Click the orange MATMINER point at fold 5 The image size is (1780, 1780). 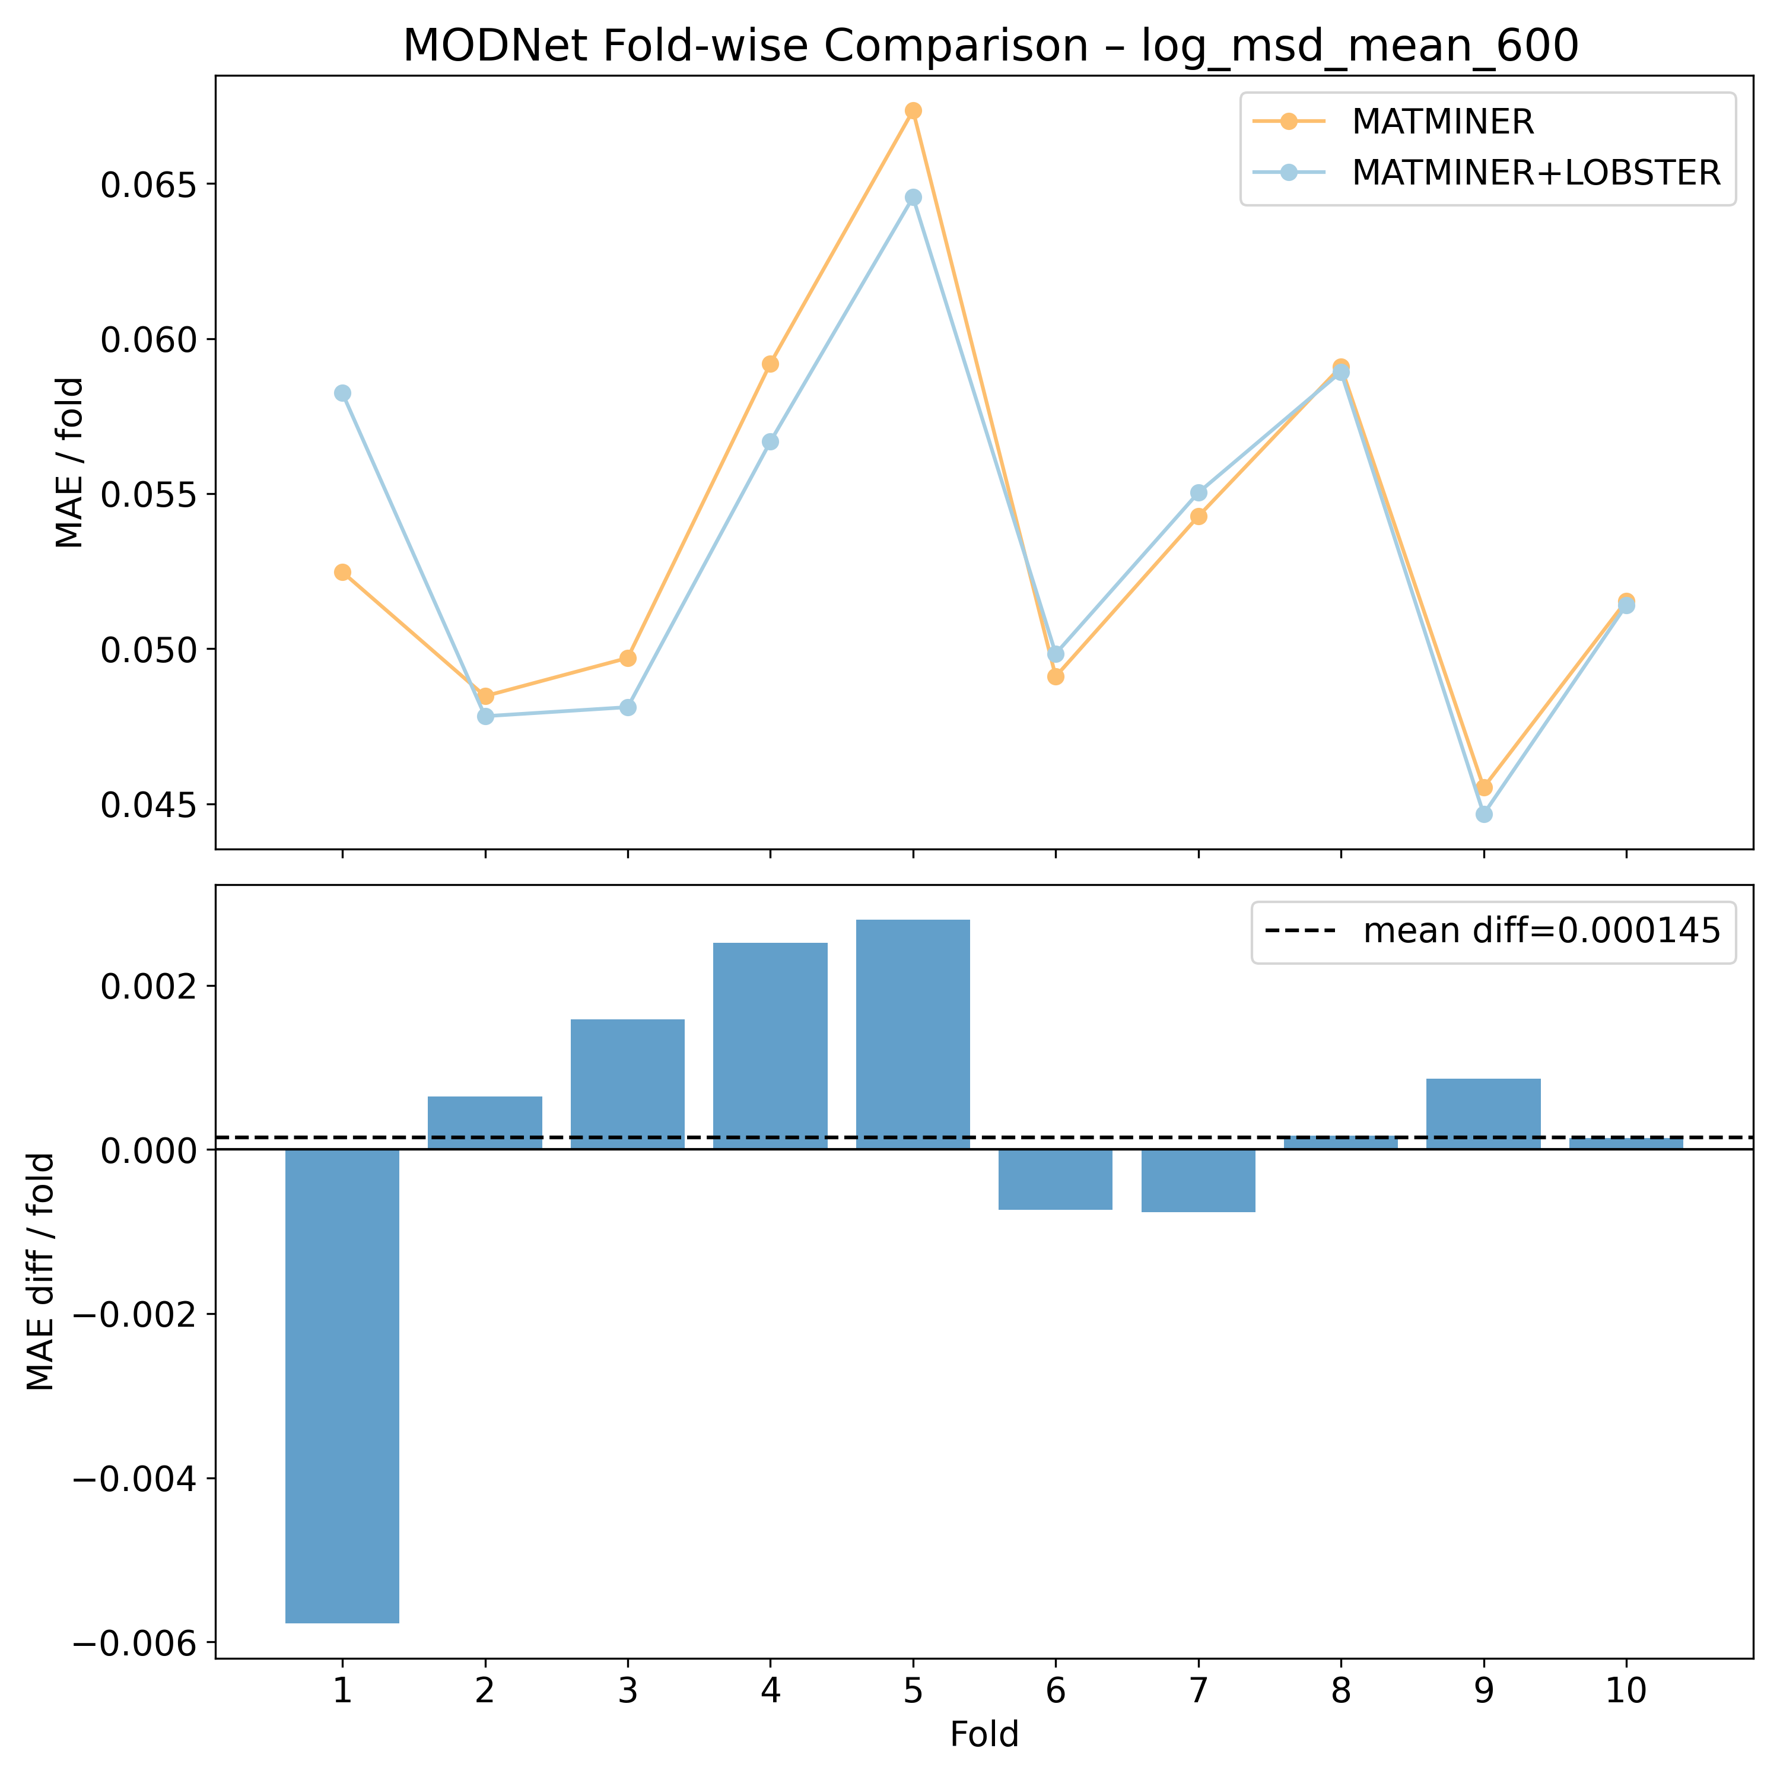[x=913, y=110]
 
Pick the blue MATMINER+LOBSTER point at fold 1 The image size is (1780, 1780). [x=343, y=393]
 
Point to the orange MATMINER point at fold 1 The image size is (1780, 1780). [x=343, y=572]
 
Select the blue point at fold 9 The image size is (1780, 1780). [x=1483, y=815]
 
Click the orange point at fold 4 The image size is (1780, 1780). [x=770, y=364]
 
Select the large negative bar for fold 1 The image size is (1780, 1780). [x=343, y=1391]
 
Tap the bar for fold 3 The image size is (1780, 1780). [x=627, y=1085]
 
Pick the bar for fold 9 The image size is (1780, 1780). [x=1483, y=1114]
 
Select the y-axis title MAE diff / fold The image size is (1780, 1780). [x=42, y=1272]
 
